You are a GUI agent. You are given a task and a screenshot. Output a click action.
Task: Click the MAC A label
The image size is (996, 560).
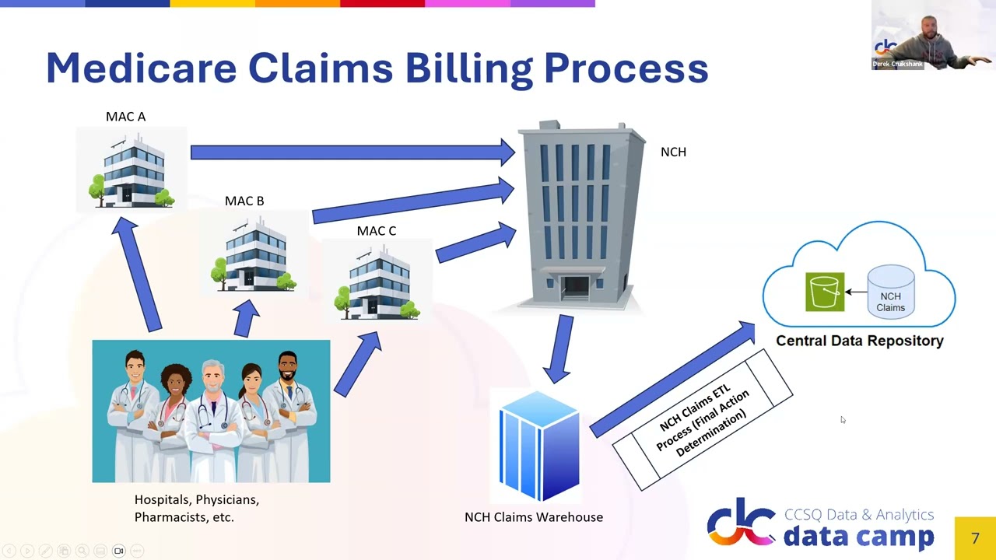[125, 117]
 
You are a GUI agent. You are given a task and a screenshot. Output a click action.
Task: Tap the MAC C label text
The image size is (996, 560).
[376, 231]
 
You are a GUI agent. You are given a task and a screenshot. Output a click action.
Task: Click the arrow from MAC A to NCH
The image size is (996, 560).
[350, 152]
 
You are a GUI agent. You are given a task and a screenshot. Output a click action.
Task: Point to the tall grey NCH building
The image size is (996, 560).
[582, 214]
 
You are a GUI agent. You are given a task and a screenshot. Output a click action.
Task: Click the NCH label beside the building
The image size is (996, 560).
[673, 152]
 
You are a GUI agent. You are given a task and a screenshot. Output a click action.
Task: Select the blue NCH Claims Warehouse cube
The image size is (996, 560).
[538, 446]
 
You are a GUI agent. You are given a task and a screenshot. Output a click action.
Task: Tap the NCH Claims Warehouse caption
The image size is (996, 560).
[533, 517]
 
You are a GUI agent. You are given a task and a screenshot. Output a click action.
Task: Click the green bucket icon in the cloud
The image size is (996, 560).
[825, 292]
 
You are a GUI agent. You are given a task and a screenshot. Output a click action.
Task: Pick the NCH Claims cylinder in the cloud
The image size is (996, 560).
[890, 291]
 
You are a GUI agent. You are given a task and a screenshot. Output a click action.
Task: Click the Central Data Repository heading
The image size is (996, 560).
[859, 341]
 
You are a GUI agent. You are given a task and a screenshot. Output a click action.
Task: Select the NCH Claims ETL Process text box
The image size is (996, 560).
[703, 421]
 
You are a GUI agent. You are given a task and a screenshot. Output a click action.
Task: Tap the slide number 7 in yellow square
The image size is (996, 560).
[975, 538]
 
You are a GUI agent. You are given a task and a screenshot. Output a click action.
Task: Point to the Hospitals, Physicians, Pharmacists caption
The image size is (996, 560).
[196, 508]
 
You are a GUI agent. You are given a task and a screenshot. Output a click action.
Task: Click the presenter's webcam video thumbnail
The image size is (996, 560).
[933, 35]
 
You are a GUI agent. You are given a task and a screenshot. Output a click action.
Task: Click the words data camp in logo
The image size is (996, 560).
[857, 536]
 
